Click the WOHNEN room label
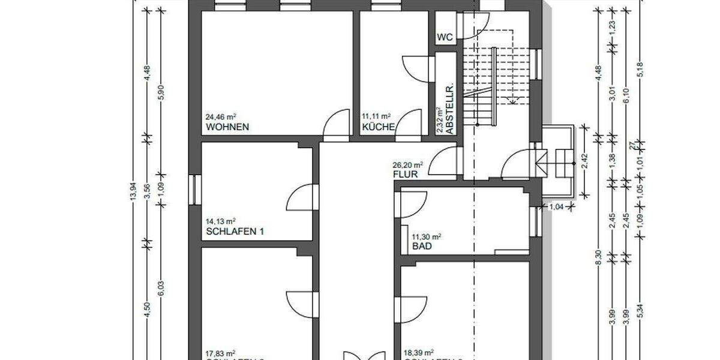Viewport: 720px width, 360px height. pyautogui.click(x=227, y=127)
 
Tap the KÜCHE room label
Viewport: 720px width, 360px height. pyautogui.click(x=378, y=127)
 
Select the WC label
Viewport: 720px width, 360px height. pyautogui.click(x=445, y=37)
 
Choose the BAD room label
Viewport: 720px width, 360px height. pyautogui.click(x=422, y=247)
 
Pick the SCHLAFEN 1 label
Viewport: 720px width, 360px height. pyautogui.click(x=235, y=232)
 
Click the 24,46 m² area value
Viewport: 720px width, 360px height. pyautogui.click(x=220, y=116)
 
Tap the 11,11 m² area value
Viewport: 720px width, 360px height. pyautogui.click(x=376, y=116)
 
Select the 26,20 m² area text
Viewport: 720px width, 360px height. pyautogui.click(x=408, y=164)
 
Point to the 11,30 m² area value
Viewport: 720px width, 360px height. pyautogui.click(x=427, y=236)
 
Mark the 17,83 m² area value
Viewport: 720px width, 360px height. pyautogui.click(x=220, y=353)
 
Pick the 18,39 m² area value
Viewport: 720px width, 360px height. pyautogui.click(x=419, y=353)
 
